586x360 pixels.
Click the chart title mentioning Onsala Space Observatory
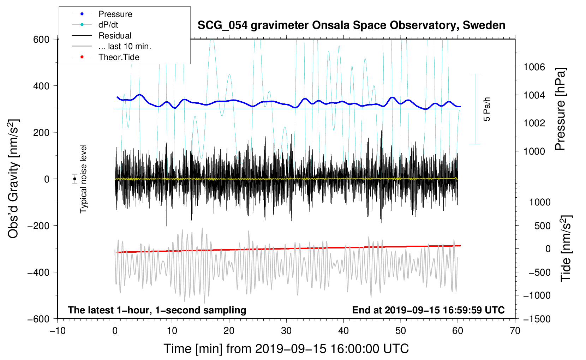click(351, 25)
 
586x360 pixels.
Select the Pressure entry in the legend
click(115, 14)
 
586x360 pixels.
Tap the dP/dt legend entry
click(108, 25)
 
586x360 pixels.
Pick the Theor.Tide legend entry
click(119, 57)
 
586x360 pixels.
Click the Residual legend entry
click(115, 36)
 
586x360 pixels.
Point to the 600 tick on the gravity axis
click(41, 39)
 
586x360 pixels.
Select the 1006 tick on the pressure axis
click(534, 67)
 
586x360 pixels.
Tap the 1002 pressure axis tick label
click(534, 123)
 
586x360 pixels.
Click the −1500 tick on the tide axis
click(537, 319)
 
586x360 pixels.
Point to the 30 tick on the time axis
click(286, 331)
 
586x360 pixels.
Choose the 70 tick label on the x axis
click(515, 331)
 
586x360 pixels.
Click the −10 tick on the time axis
click(58, 331)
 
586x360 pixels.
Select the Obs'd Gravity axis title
click(13, 179)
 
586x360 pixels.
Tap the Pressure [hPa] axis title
click(560, 109)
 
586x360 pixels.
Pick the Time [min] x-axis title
click(286, 349)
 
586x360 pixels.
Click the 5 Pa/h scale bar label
click(487, 109)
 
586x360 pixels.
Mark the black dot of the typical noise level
click(74, 179)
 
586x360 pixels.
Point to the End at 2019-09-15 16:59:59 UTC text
click(428, 310)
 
